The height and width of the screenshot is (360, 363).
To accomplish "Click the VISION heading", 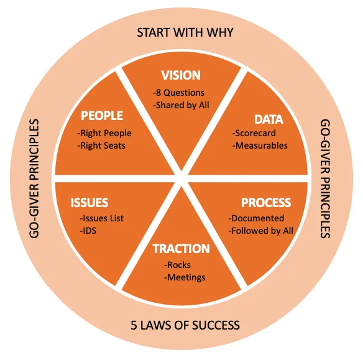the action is [x=181, y=75].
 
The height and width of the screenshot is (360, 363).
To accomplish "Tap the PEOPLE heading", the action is [x=102, y=116].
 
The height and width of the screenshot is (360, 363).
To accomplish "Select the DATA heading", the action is [x=269, y=119].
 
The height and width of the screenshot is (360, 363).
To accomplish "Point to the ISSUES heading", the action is [x=90, y=203].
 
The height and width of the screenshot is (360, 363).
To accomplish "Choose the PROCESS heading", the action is [x=266, y=203].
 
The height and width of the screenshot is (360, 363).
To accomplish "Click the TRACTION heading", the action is [x=181, y=249].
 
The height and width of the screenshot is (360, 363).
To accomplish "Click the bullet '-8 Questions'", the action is [x=178, y=93].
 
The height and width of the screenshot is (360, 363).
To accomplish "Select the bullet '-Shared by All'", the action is [x=181, y=105].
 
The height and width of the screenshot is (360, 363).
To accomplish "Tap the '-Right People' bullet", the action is [x=104, y=133].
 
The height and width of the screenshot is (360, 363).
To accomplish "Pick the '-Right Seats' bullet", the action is [x=101, y=145].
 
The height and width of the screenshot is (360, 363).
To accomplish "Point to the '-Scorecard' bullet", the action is [x=254, y=133].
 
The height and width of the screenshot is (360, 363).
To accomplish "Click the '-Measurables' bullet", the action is [x=260, y=145].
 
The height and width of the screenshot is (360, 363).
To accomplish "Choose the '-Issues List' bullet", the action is [x=102, y=218].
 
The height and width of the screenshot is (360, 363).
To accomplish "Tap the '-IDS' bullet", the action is [x=88, y=231].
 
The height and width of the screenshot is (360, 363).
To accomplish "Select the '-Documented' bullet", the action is [x=256, y=218].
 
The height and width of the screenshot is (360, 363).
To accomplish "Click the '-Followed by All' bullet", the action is [x=261, y=231].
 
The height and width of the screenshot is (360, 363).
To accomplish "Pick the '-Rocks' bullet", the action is [x=177, y=265].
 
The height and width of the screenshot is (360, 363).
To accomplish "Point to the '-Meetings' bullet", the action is [x=185, y=277].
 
